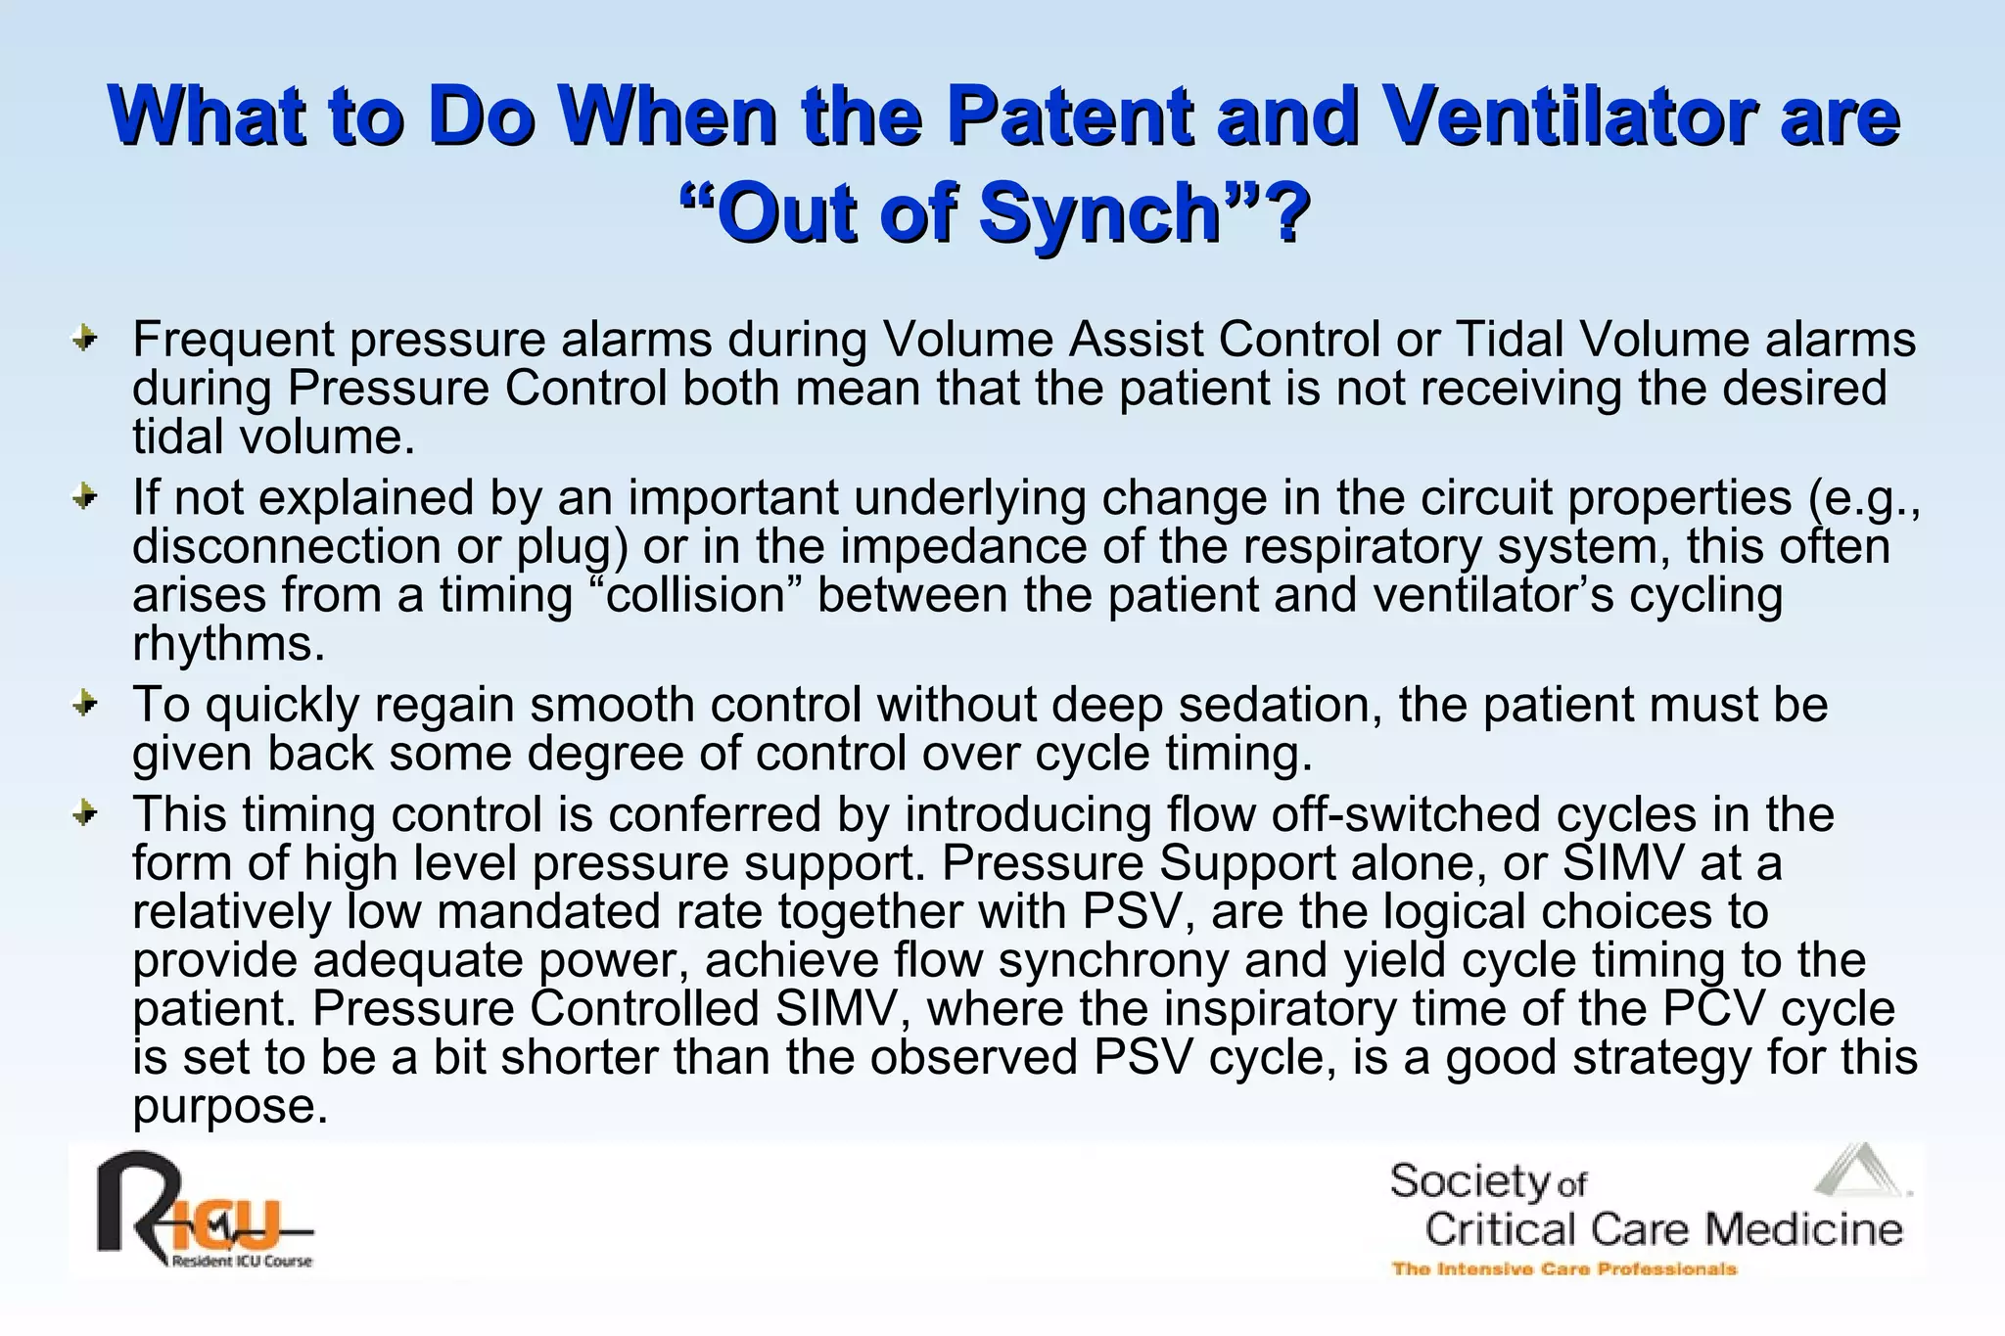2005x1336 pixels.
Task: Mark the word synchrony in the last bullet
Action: pos(1112,960)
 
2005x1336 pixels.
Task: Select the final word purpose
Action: pos(229,1107)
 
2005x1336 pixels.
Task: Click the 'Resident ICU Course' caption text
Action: pos(242,1262)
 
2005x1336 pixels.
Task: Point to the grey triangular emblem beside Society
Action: pos(1858,1172)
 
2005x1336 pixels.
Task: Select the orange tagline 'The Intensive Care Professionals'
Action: pos(1564,1269)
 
